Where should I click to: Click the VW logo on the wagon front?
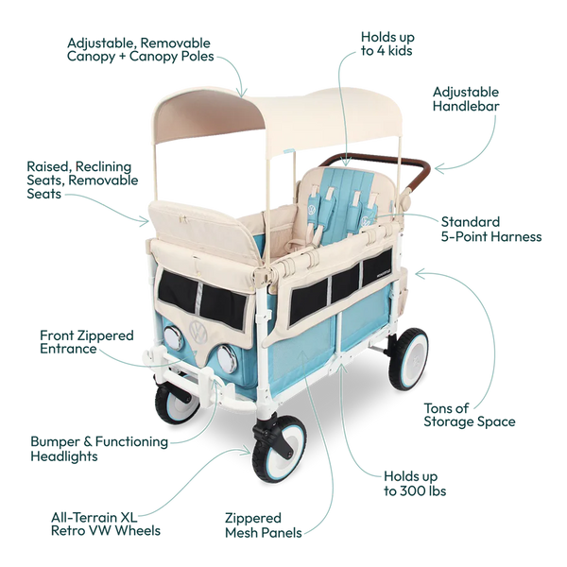198,331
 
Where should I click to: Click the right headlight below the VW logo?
227,359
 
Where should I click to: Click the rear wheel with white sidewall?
408,359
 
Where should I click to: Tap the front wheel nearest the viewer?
279,448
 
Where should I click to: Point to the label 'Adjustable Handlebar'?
466,98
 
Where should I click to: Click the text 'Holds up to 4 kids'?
387,43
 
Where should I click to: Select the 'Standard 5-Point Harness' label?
491,229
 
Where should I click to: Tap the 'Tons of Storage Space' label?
470,415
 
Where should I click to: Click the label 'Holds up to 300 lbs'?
415,484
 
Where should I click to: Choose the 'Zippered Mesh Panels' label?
264,525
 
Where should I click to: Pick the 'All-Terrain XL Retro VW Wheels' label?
106,524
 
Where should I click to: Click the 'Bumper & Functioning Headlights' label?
99,449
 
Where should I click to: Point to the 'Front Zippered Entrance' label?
87,342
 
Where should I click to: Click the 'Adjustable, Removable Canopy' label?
140,49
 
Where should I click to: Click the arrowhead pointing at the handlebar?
439,168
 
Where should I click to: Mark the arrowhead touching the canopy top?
242,93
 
